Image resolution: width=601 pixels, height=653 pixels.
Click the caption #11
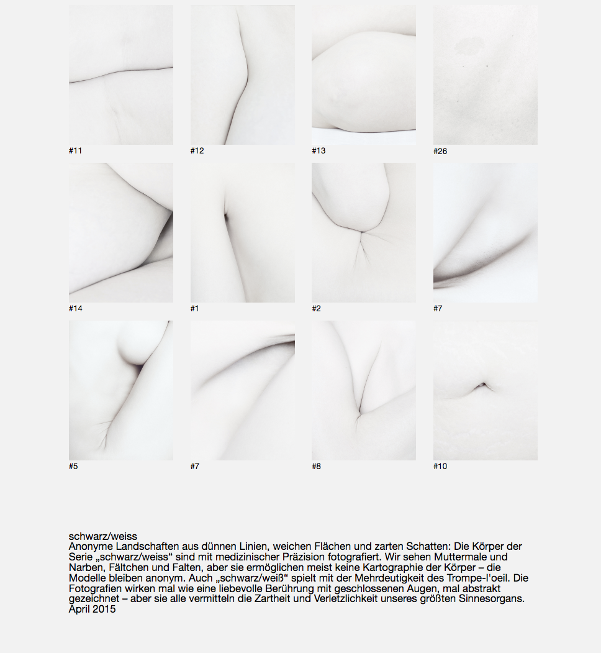[75, 151]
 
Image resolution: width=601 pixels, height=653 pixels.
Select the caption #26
[440, 151]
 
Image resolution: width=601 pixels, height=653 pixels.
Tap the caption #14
[75, 309]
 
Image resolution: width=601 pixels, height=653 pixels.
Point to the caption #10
[440, 467]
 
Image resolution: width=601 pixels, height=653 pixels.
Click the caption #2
[316, 309]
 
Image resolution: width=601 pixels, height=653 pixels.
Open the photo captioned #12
[243, 75]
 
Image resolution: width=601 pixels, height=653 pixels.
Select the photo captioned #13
[364, 75]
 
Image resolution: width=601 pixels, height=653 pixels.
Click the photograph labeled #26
[486, 75]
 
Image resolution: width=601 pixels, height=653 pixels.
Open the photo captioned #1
[243, 232]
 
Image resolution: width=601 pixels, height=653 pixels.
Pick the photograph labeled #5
[120, 390]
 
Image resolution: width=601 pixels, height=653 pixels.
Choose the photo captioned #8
[364, 390]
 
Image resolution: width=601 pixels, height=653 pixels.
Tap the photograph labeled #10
[486, 390]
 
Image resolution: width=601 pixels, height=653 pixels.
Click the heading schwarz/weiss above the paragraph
[103, 536]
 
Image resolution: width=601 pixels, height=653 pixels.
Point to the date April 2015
[92, 610]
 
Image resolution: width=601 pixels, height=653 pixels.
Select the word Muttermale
[455, 557]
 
